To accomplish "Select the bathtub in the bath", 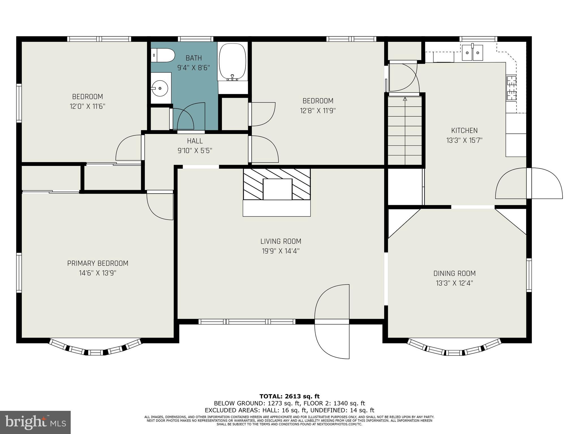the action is (x=233, y=62).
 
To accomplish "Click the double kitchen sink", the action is (x=472, y=53).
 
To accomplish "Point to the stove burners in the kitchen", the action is (x=511, y=88).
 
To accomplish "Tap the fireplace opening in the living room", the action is (x=278, y=189).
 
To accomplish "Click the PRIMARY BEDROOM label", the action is (x=98, y=263).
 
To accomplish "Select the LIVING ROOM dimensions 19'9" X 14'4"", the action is (x=281, y=251).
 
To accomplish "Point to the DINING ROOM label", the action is (x=455, y=273).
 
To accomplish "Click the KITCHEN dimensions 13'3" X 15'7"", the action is (x=464, y=140).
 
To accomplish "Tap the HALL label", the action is (x=195, y=141).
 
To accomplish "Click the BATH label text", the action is (x=194, y=58).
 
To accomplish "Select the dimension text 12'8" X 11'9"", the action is (x=318, y=110).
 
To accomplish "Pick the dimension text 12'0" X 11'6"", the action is (x=88, y=107).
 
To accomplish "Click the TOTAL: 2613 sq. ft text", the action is (x=289, y=396).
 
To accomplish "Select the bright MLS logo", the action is (x=35, y=422).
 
